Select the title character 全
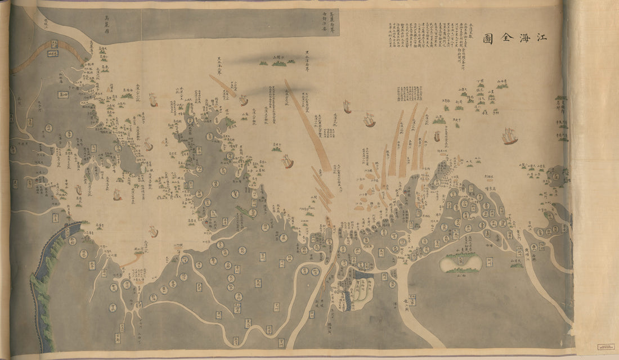click(507, 38)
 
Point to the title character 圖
click(488, 38)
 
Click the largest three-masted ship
click(510, 136)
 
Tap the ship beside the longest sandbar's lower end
click(288, 162)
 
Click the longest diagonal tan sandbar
click(307, 125)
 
